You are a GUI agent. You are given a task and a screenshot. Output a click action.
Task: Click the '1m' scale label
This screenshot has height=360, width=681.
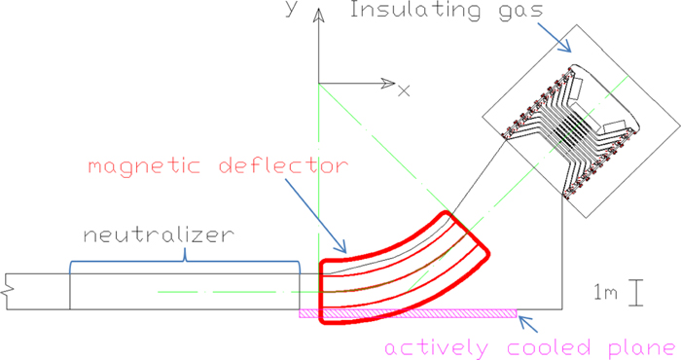tap(603, 291)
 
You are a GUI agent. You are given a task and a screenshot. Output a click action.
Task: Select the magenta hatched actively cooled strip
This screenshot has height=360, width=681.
tap(409, 313)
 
